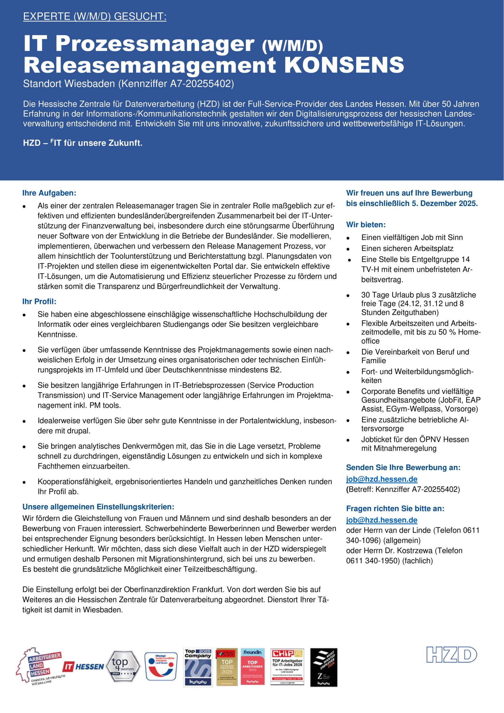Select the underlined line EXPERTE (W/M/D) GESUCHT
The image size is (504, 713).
(95, 16)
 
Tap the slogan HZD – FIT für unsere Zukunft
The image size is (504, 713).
(83, 143)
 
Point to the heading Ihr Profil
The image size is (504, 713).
(39, 301)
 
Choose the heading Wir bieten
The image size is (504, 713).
(366, 224)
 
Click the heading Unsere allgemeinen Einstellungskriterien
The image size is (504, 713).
(98, 507)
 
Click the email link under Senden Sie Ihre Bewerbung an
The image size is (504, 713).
(382, 479)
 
